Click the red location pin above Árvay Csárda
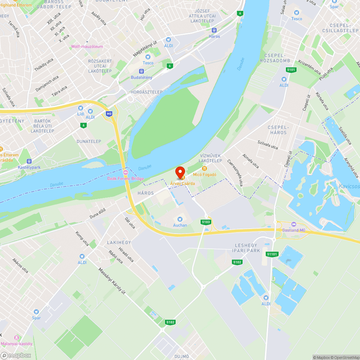pyautogui.click(x=180, y=172)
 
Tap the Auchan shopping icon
pyautogui.click(x=180, y=219)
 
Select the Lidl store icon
pyautogui.click(x=81, y=108)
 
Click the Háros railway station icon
pyautogui.click(x=214, y=31)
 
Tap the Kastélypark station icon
pyautogui.click(x=29, y=161)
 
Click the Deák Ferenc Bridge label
pyautogui.click(x=126, y=179)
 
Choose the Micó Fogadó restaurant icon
pyautogui.click(x=204, y=168)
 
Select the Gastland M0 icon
pyautogui.click(x=293, y=224)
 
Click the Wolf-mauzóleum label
pyautogui.click(x=87, y=46)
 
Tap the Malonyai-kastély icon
pyautogui.click(x=16, y=338)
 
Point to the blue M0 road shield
pyautogui.click(x=109, y=114)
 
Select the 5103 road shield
pyautogui.click(x=206, y=222)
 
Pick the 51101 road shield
pyautogui.click(x=272, y=254)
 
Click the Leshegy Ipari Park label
pyautogui.click(x=247, y=248)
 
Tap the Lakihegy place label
pyautogui.click(x=119, y=243)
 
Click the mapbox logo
pyautogui.click(x=16, y=355)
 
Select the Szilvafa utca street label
pyautogui.click(x=268, y=145)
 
